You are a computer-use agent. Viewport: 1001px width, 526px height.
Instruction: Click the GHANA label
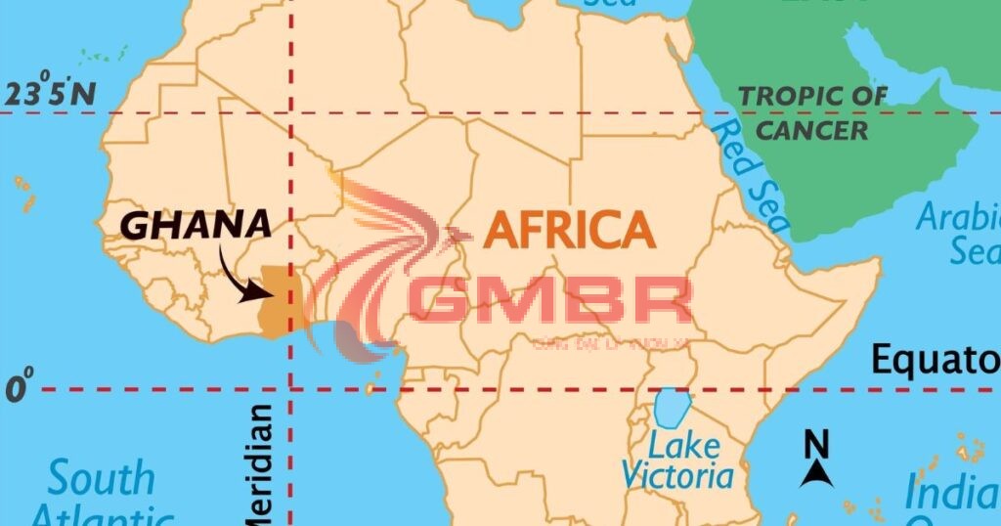click(x=196, y=226)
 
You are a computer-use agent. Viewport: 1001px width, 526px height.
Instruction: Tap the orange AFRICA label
click(x=569, y=231)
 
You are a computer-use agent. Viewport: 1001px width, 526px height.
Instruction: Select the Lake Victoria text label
click(x=676, y=462)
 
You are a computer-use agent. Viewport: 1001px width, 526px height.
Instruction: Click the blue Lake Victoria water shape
click(x=673, y=409)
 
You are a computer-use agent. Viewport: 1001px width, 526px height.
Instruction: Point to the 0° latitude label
click(x=20, y=388)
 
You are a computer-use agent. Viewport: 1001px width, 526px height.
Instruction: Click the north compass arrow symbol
click(x=816, y=474)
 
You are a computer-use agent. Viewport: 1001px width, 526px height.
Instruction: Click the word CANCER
click(x=812, y=130)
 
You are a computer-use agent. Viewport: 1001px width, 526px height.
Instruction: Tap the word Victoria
click(x=676, y=476)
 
